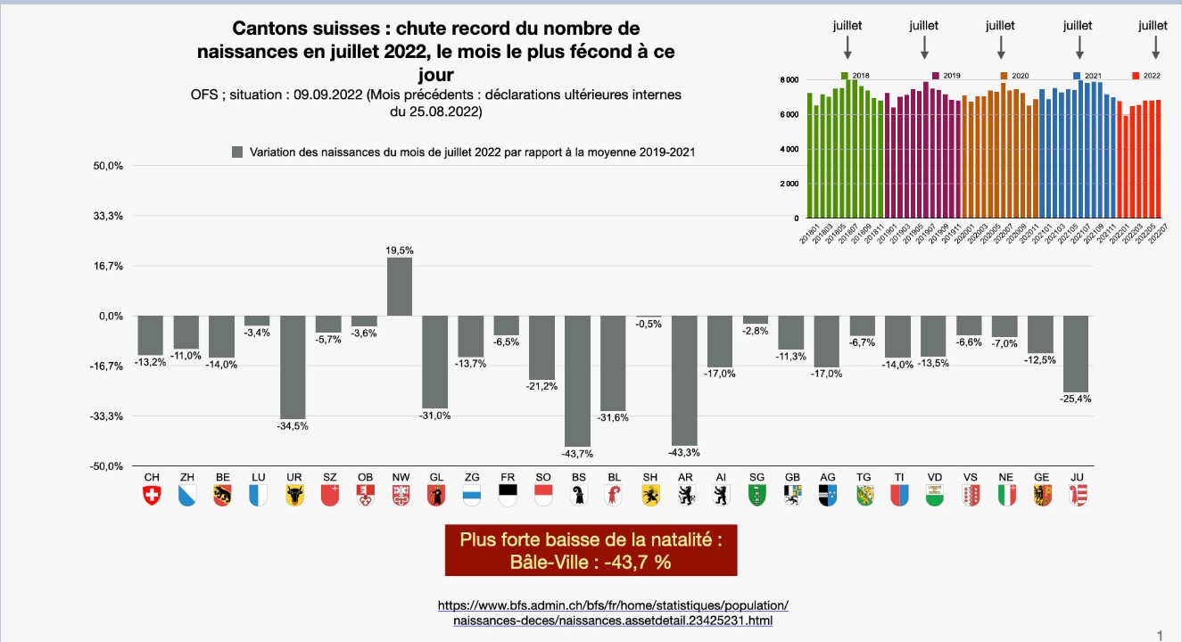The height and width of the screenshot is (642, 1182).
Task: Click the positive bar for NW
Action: click(x=400, y=286)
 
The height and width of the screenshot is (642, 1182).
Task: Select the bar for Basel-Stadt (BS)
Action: click(x=578, y=381)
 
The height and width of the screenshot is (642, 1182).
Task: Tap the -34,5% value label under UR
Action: click(x=293, y=426)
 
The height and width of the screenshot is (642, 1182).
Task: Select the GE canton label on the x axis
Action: click(x=1041, y=478)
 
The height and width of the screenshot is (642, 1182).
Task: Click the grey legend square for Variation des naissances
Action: click(x=237, y=152)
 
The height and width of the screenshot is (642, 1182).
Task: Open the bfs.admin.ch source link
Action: click(x=613, y=613)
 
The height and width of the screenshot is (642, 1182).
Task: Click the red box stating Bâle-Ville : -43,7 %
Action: click(x=591, y=550)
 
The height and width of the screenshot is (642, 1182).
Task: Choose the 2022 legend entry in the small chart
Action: click(x=1146, y=76)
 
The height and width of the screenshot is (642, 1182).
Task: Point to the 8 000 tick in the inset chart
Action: click(x=789, y=80)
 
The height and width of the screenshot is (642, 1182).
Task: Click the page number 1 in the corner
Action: click(x=1160, y=635)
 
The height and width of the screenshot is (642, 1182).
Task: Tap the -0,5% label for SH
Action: click(x=649, y=324)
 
